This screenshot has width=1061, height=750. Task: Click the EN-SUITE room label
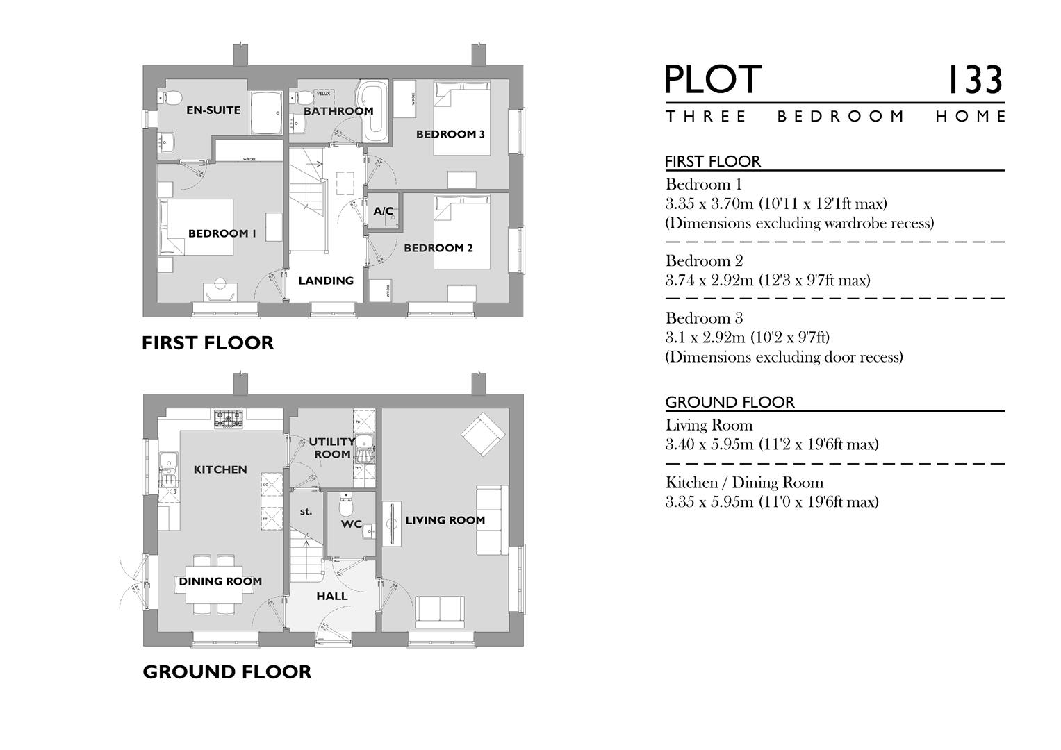(213, 110)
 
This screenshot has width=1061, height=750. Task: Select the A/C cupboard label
(384, 211)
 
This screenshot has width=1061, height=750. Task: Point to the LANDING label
(326, 281)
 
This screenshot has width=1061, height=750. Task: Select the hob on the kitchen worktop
(229, 417)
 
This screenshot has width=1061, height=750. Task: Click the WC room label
(352, 524)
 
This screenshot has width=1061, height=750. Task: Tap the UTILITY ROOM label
(332, 447)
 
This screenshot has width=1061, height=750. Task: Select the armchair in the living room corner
(482, 433)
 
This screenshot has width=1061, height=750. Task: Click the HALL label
(332, 596)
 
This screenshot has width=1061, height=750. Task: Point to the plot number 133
(976, 80)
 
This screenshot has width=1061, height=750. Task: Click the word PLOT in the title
(714, 80)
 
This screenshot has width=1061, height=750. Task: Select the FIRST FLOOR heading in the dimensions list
(713, 161)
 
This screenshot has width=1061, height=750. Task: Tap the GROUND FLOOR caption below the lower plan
(227, 672)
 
